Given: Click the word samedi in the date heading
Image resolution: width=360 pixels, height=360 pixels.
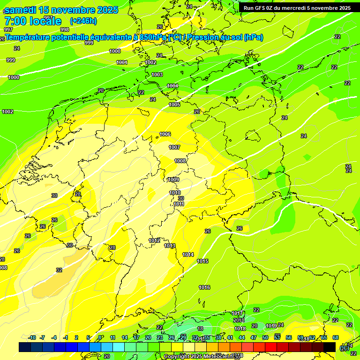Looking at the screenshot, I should click(x=21, y=10).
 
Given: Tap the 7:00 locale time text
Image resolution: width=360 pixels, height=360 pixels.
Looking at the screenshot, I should click(x=33, y=21).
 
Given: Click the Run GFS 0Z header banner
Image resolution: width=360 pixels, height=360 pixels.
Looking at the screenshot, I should click(x=297, y=8).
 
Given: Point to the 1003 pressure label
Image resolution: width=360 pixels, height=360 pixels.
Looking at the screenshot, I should click(x=157, y=75).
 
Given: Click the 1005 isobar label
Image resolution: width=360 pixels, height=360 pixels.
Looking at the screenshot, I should click(x=174, y=105).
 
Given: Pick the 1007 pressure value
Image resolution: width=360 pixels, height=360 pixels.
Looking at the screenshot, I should click(x=174, y=147).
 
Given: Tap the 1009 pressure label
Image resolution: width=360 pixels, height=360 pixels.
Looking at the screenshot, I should click(x=173, y=180).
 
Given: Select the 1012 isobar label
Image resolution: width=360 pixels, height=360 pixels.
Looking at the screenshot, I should click(x=154, y=240).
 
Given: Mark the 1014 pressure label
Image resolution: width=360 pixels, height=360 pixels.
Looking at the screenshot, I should click(x=188, y=255).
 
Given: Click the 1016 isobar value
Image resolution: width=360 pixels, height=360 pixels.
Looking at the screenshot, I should click(x=204, y=287).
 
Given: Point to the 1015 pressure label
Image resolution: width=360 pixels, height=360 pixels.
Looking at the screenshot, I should click(x=202, y=261).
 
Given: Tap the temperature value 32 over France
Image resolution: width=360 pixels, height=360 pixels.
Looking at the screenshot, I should click(x=59, y=270).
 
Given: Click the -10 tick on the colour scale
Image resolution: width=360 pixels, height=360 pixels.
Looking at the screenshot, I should click(x=32, y=337).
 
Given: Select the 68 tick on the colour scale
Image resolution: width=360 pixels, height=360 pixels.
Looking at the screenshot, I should click(x=336, y=337).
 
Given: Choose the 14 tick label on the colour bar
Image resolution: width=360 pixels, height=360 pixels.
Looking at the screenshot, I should click(x=125, y=337).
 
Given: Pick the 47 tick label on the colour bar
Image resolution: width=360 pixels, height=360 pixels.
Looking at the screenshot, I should click(x=254, y=337).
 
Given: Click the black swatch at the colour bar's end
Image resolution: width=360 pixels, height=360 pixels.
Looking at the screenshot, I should click(x=330, y=347).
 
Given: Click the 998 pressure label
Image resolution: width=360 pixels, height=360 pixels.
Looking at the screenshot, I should click(x=65, y=30).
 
